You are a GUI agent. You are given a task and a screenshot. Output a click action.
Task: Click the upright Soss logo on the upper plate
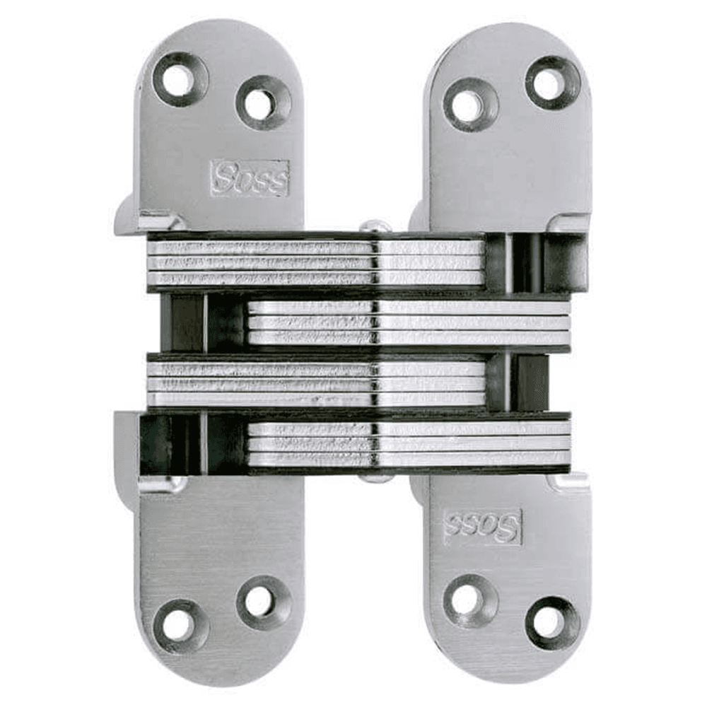click(250, 177)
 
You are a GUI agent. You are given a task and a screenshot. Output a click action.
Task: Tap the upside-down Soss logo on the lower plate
click(483, 527)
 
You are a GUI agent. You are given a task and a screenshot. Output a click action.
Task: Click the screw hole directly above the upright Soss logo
click(263, 103)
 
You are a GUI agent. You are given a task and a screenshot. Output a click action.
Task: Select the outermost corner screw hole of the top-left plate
click(180, 79)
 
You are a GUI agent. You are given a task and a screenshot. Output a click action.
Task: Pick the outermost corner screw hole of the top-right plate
click(552, 83)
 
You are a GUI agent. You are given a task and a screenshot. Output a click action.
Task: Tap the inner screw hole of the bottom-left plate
click(263, 602)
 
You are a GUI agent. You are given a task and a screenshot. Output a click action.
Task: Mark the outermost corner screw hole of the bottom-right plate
click(552, 623)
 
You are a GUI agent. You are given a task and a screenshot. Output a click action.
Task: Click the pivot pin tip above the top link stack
click(375, 226)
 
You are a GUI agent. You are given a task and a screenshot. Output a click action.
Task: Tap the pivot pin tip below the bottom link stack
click(375, 478)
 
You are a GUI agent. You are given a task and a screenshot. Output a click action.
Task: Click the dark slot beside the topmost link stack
click(536, 262)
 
